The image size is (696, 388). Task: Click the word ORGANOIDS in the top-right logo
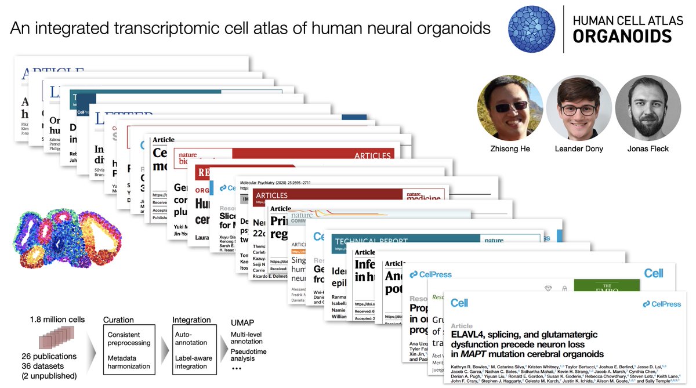tap(622, 37)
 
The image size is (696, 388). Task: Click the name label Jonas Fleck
tap(647, 149)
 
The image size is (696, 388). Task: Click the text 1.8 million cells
tap(57, 320)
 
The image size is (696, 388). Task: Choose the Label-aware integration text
tap(193, 362)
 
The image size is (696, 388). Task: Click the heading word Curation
tap(118, 320)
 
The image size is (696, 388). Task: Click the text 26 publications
tap(45, 356)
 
